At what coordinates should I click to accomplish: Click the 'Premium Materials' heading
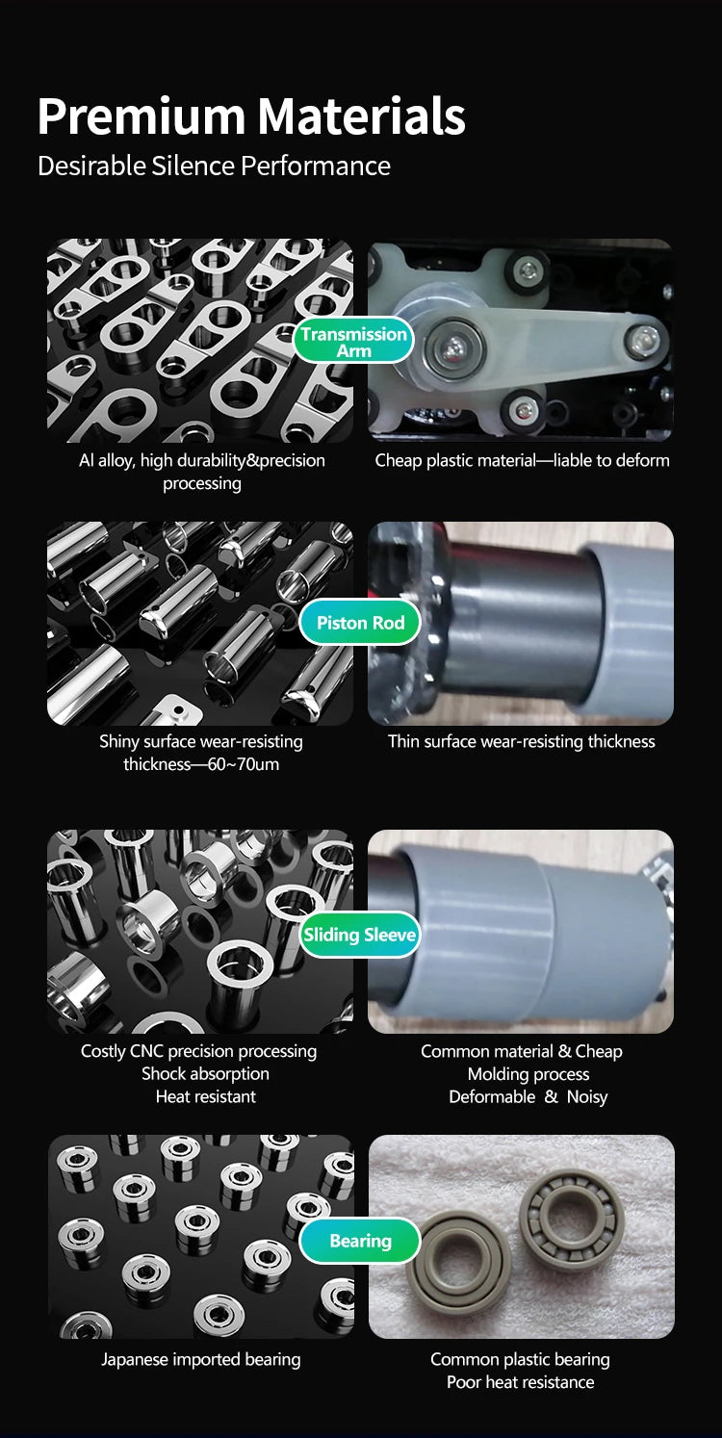(251, 116)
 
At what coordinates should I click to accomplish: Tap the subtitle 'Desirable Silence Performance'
(214, 167)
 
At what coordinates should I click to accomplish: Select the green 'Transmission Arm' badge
(354, 342)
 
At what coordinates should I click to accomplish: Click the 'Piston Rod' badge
(360, 622)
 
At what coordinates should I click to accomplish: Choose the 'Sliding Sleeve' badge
(360, 935)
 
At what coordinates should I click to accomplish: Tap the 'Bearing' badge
(360, 1241)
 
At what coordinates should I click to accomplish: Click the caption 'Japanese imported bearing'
(200, 1360)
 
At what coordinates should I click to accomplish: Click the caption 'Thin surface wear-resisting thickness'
(521, 741)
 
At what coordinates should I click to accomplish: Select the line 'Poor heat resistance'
(520, 1382)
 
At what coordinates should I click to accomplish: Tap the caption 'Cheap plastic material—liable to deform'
(522, 460)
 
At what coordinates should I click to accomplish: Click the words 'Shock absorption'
(206, 1073)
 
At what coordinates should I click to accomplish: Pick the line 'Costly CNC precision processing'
(198, 1051)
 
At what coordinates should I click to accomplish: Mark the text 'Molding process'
(528, 1074)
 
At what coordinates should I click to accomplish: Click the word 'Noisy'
(587, 1096)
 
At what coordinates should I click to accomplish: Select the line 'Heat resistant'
(206, 1096)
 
